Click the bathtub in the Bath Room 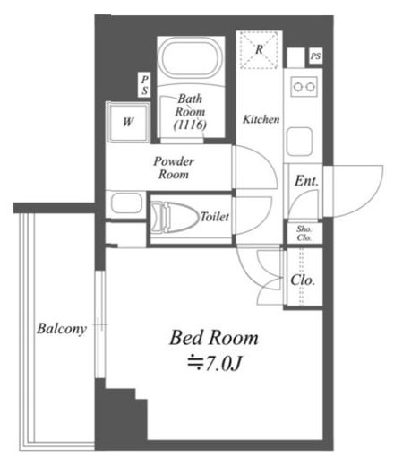(x=191, y=59)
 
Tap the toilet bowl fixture (x=175, y=217)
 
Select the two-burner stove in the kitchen (x=304, y=87)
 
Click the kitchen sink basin (x=299, y=142)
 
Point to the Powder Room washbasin (x=126, y=203)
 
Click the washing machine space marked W (x=128, y=123)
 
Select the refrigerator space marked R (x=260, y=50)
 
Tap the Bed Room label (x=214, y=338)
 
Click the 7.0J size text (x=214, y=363)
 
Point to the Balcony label (x=62, y=329)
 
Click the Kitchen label (x=261, y=119)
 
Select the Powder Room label (x=174, y=168)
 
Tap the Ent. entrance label (x=306, y=181)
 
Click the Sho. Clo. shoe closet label (x=304, y=233)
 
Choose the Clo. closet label (x=303, y=280)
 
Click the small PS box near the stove (x=315, y=56)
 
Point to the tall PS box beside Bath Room (x=144, y=85)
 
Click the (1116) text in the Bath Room (x=190, y=125)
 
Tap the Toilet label (x=214, y=217)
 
